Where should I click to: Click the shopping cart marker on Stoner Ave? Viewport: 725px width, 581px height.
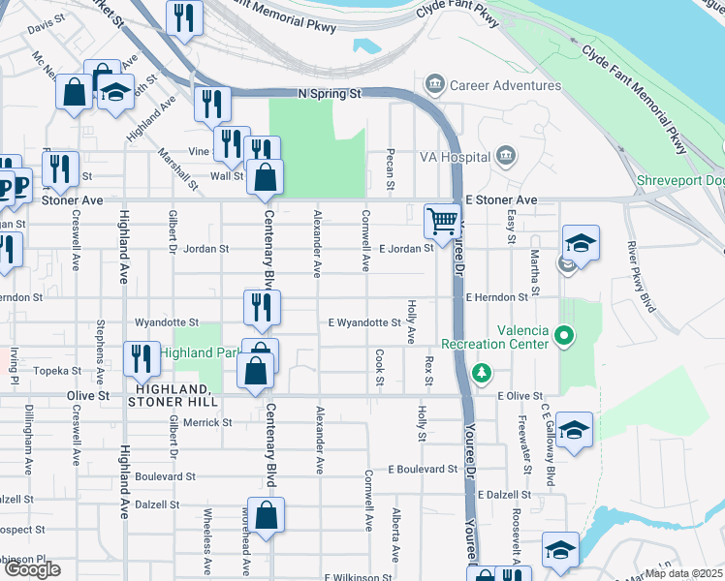[x=442, y=221]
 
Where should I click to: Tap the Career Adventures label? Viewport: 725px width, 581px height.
[x=505, y=85]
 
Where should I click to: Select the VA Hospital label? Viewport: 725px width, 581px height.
[x=456, y=156]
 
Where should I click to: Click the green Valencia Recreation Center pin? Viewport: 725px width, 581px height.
[x=562, y=337]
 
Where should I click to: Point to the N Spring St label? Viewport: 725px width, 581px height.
[x=328, y=94]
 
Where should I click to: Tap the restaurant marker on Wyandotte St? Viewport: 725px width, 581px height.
[x=262, y=307]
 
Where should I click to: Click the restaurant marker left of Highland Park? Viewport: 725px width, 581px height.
[x=142, y=358]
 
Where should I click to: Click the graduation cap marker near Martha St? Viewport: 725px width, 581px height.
[x=581, y=242]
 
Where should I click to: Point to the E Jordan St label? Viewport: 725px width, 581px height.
[x=406, y=249]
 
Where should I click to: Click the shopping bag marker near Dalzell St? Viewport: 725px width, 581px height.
[x=266, y=514]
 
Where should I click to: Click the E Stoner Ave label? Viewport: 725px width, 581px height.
[x=500, y=199]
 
